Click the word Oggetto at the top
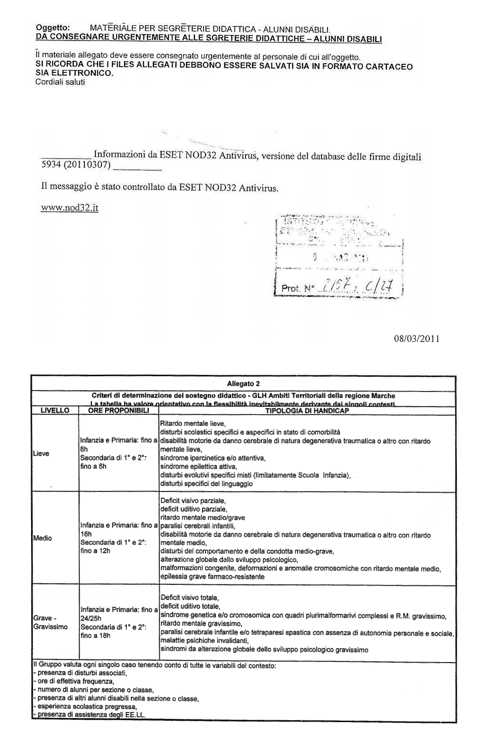click(53, 27)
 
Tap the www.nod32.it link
click(70, 208)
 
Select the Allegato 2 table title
click(243, 383)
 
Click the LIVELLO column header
click(55, 411)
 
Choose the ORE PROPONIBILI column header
click(119, 411)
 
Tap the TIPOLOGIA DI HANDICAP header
click(307, 411)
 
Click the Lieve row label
click(41, 453)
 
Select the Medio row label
click(42, 538)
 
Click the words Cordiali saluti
click(60, 82)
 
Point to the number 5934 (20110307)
click(76, 165)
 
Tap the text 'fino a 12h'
click(95, 551)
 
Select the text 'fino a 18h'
click(95, 635)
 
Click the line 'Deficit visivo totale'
click(190, 597)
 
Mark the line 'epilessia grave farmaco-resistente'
click(212, 577)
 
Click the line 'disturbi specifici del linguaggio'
click(206, 483)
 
